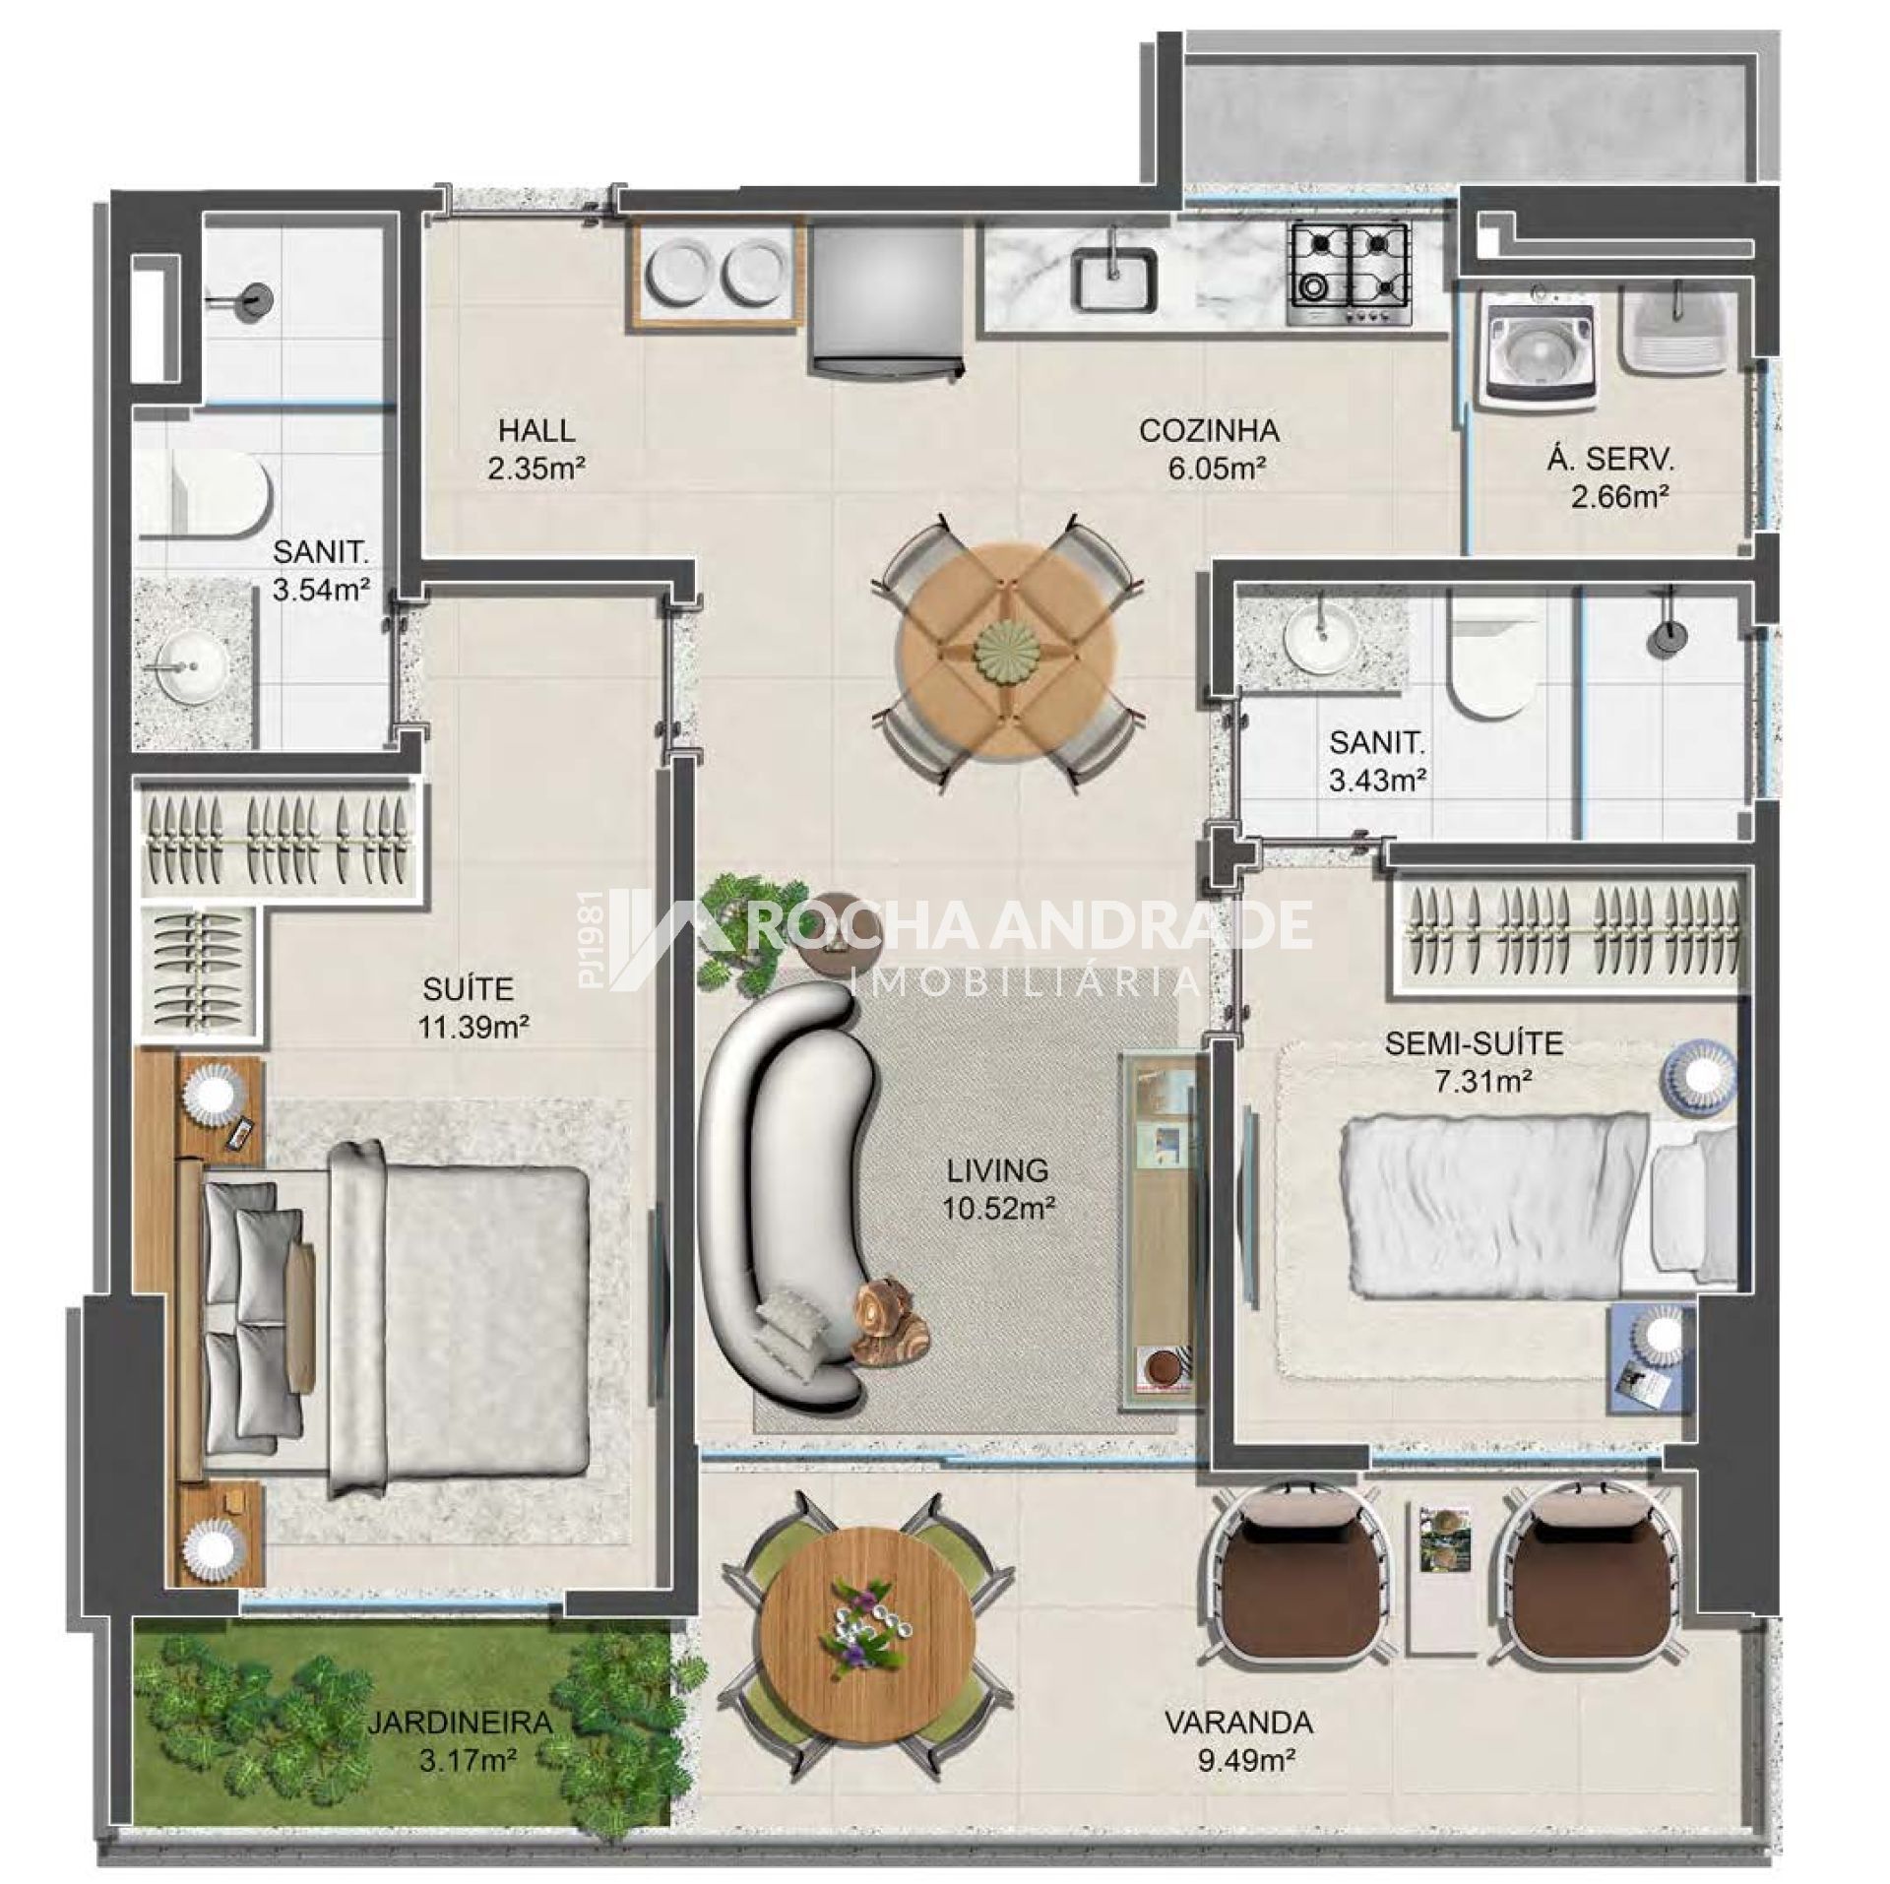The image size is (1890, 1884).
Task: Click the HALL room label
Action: (536, 430)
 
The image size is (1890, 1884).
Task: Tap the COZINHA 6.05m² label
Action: (1210, 448)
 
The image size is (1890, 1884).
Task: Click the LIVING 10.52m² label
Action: (997, 1187)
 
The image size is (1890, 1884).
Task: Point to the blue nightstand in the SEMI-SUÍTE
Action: (1652, 1359)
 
